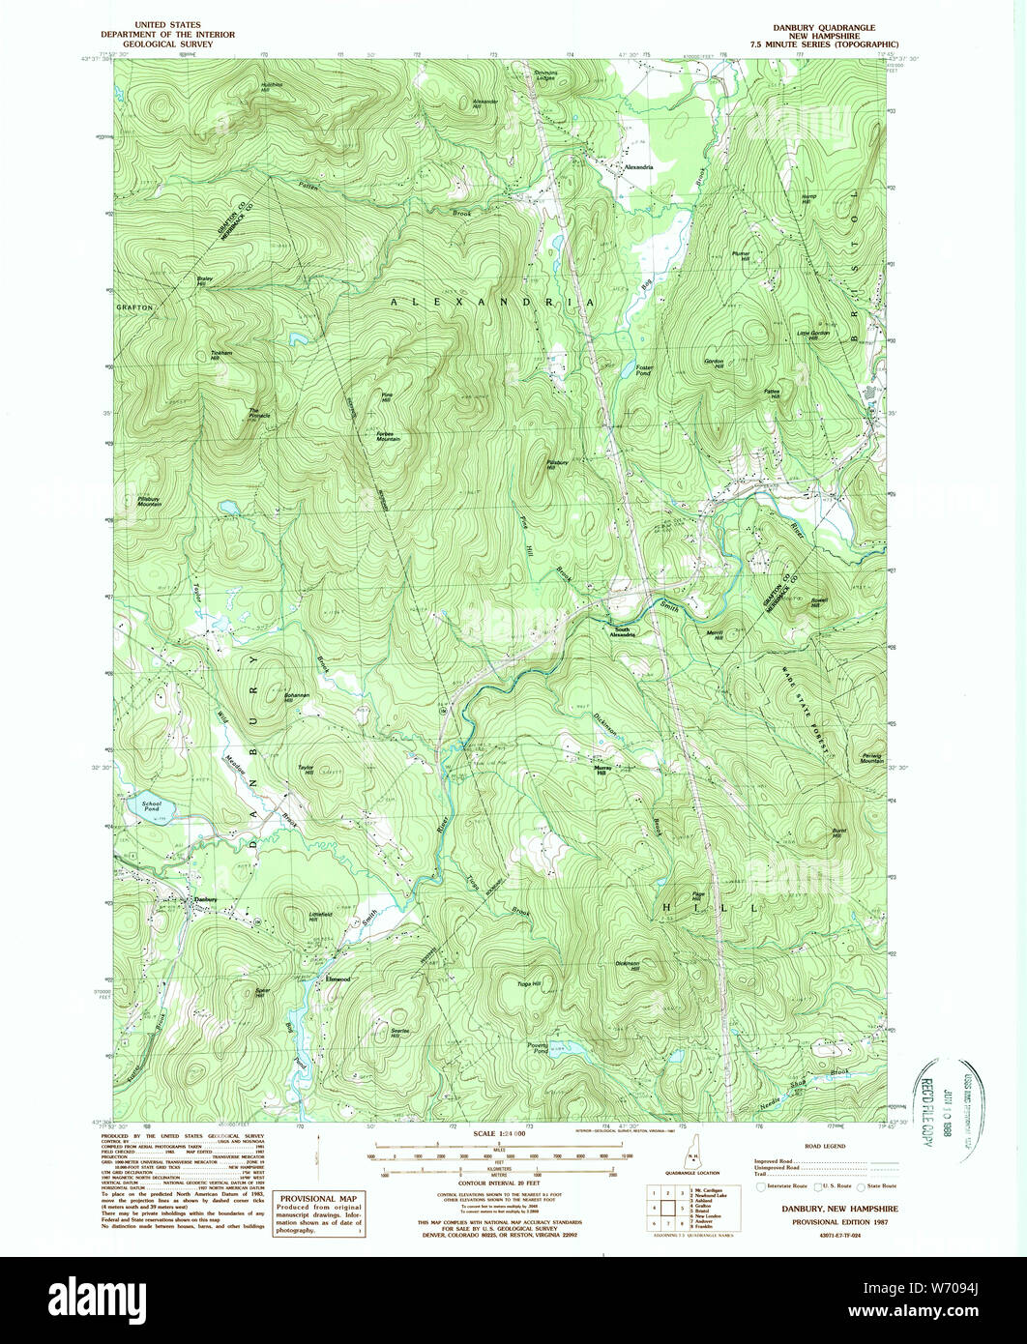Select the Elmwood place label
(x=337, y=979)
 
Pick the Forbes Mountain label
(x=388, y=436)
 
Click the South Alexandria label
(x=623, y=633)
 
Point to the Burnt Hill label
(x=840, y=833)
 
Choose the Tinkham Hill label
(x=222, y=356)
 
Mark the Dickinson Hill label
(x=629, y=965)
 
